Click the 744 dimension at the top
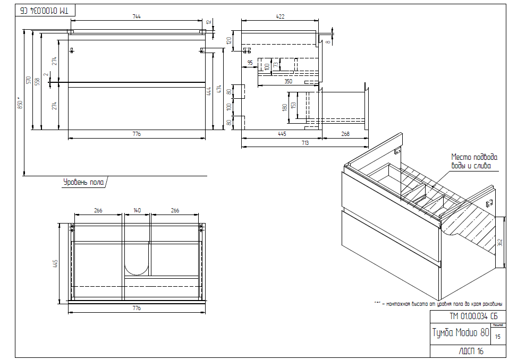[136, 17]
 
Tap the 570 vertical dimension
[29, 80]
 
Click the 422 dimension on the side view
[280, 17]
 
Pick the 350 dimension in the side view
[288, 82]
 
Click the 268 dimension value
[345, 134]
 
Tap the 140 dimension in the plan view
[137, 211]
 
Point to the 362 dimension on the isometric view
[500, 242]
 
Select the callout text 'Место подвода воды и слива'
[474, 161]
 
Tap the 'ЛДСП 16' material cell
[471, 352]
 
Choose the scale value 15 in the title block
[497, 336]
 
